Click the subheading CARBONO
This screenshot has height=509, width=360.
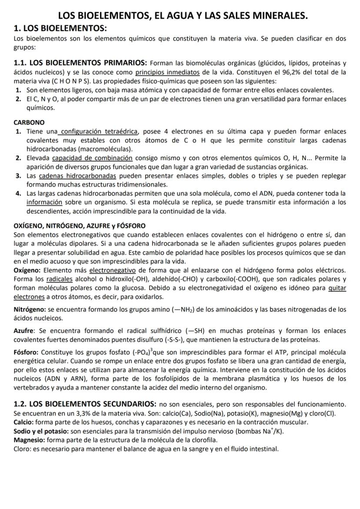tap(29, 123)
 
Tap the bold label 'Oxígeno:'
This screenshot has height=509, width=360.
tap(28, 270)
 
